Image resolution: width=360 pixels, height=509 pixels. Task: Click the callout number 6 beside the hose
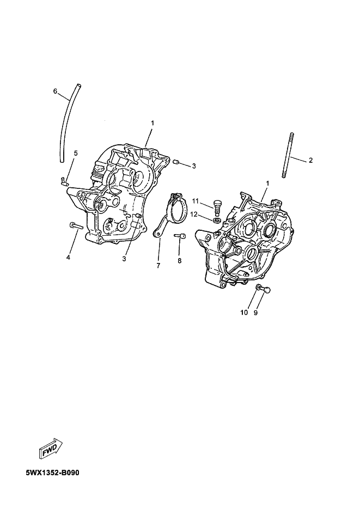click(55, 91)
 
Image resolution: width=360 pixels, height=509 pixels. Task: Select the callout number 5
click(76, 153)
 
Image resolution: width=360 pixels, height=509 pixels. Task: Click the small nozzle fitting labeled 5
click(64, 181)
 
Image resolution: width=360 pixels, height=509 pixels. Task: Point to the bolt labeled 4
click(76, 225)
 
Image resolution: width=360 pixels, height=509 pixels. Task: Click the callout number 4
click(68, 257)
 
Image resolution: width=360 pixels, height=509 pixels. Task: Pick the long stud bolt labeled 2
click(288, 155)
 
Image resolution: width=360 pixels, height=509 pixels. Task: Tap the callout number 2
click(310, 160)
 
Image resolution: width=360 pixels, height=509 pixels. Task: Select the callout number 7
click(158, 266)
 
